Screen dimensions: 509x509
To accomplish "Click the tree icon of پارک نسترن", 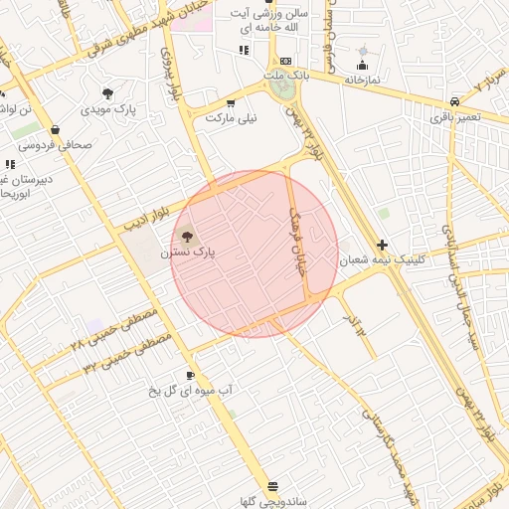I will click(x=187, y=236).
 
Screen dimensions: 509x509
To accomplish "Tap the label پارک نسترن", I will click(x=188, y=254).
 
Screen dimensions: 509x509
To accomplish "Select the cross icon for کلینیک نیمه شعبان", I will click(x=383, y=245).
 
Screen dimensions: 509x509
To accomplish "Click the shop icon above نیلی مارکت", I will click(x=232, y=102).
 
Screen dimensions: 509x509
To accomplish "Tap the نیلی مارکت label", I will click(x=232, y=117).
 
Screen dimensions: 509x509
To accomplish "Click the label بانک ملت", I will click(x=286, y=76).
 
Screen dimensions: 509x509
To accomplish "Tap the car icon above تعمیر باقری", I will click(x=455, y=101).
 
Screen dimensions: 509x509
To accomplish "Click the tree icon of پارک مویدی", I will click(x=107, y=93).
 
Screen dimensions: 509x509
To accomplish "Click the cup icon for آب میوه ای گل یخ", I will click(x=190, y=375).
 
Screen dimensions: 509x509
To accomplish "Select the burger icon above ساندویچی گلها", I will click(x=245, y=486).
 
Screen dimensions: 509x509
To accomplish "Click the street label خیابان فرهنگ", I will click(x=296, y=233).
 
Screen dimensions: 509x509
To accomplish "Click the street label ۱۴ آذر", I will click(x=354, y=323).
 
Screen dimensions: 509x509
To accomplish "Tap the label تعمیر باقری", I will click(x=455, y=117).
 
